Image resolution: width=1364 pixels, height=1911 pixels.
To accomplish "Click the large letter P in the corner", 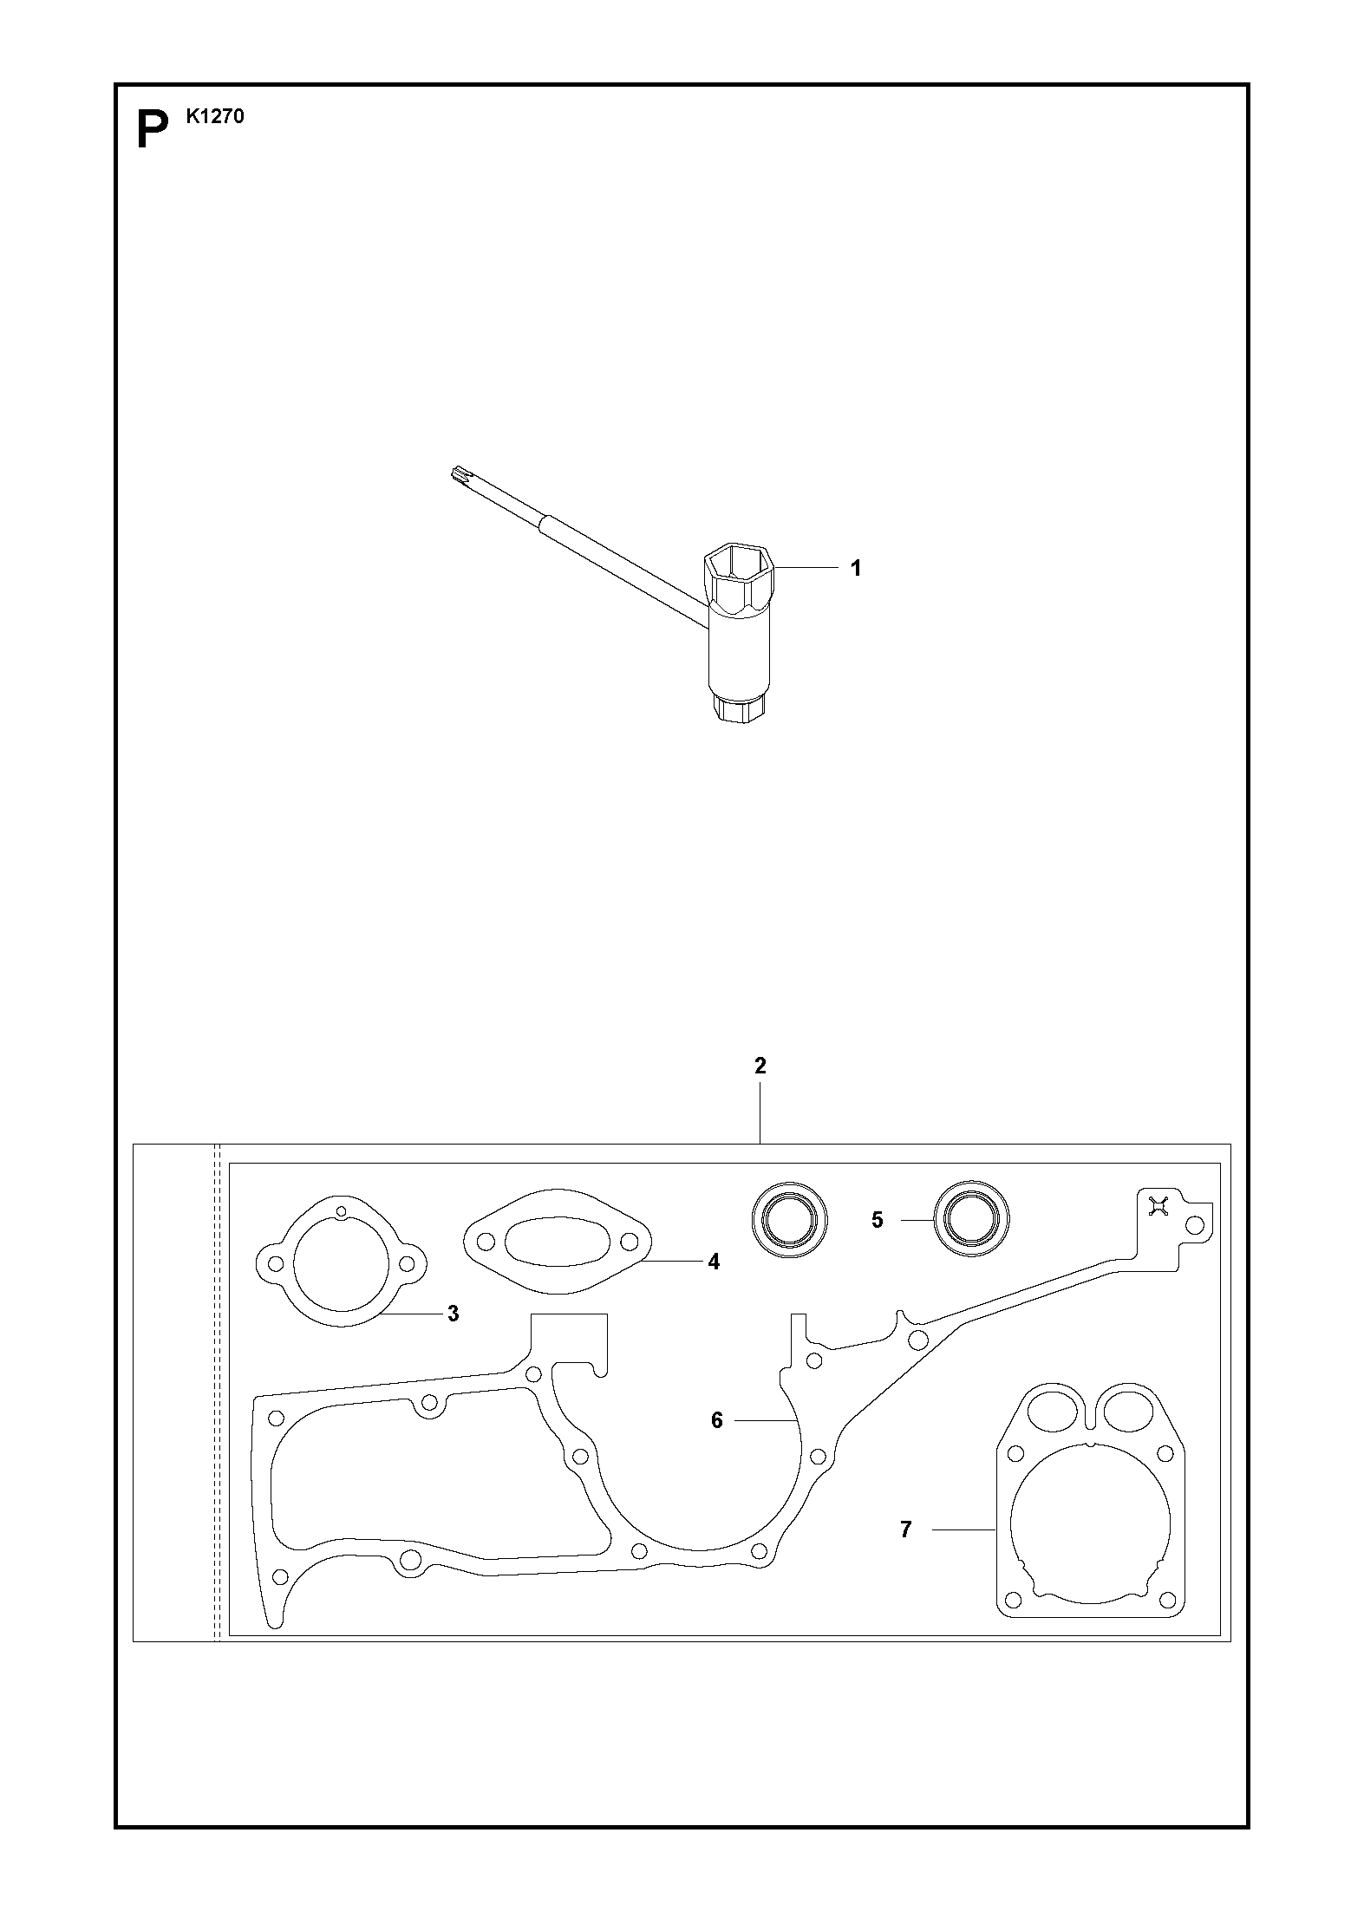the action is point(153,129).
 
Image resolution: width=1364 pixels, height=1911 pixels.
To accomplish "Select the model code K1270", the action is point(215,116).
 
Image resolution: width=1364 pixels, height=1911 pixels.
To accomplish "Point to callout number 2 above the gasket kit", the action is point(760,1066).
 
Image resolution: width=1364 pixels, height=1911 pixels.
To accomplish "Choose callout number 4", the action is point(714,1262).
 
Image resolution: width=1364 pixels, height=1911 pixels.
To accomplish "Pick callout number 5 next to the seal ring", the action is point(878,1220).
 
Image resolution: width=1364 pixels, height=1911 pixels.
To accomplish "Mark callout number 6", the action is point(717,1421).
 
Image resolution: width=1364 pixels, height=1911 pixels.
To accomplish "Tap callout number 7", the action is point(906,1530).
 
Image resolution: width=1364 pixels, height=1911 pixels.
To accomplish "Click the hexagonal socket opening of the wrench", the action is point(738,572).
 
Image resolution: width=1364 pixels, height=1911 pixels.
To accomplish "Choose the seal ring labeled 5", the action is point(971,1220).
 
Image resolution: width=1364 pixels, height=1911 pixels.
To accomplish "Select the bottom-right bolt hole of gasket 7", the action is point(1164,1599).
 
